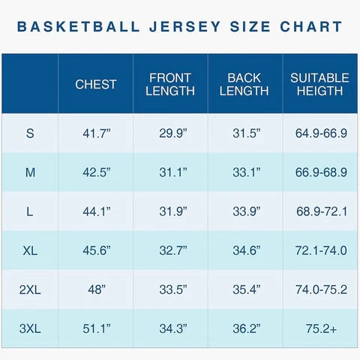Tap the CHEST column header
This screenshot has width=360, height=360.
[96, 85]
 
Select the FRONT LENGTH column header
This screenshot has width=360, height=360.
[171, 84]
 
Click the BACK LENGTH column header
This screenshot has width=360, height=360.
[245, 84]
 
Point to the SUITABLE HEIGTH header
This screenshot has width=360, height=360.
[320, 84]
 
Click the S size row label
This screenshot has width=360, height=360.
[30, 133]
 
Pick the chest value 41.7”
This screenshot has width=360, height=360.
[96, 133]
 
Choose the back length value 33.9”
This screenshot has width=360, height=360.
[246, 211]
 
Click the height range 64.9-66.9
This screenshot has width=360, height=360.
[321, 133]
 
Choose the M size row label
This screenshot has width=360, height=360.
[30, 172]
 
